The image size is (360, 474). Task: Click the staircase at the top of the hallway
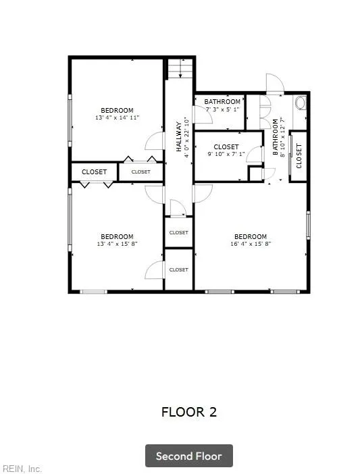(x=180, y=68)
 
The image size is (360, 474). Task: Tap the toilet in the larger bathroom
(x=301, y=103)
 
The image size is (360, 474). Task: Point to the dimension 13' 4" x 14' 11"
(x=117, y=117)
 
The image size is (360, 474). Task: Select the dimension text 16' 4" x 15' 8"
(x=250, y=244)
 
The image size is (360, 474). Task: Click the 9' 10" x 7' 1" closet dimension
(x=226, y=154)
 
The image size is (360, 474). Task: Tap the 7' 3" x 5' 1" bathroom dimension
(x=222, y=109)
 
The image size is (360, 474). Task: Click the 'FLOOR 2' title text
(x=189, y=412)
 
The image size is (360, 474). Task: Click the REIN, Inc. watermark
(x=22, y=468)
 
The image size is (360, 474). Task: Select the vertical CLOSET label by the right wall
(x=299, y=156)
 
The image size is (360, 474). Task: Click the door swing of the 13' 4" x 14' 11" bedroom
(x=155, y=140)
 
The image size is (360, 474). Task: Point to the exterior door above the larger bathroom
(x=276, y=84)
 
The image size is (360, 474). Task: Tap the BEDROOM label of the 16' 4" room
(x=250, y=236)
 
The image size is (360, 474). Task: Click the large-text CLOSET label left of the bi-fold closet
(x=94, y=172)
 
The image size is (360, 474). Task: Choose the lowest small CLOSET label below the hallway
(x=178, y=269)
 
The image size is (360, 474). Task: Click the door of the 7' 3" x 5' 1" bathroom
(x=203, y=115)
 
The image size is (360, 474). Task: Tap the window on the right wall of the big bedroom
(x=308, y=224)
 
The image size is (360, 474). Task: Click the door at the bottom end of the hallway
(x=178, y=208)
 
